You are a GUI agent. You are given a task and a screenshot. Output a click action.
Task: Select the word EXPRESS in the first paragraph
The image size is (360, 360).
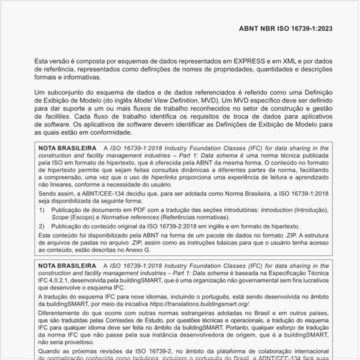(228, 60)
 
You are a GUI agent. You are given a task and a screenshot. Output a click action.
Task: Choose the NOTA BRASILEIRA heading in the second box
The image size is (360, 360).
(67, 267)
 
